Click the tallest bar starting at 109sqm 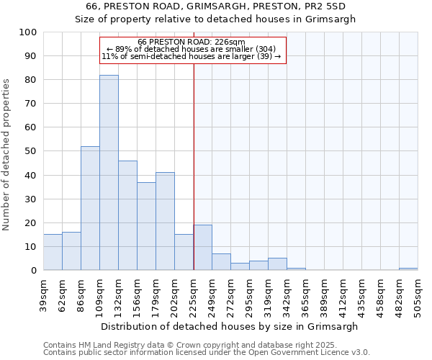(x=109, y=173)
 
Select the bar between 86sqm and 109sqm (x=90, y=208)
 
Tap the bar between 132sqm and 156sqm (x=127, y=215)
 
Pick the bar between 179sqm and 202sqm (x=165, y=221)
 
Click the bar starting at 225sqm (x=202, y=248)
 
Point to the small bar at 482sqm (x=408, y=269)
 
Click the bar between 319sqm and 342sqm (x=277, y=264)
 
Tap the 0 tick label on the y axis (x=35, y=270)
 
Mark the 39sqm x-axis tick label (x=43, y=294)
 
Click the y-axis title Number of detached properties (x=7, y=155)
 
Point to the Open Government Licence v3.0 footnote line (x=207, y=353)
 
